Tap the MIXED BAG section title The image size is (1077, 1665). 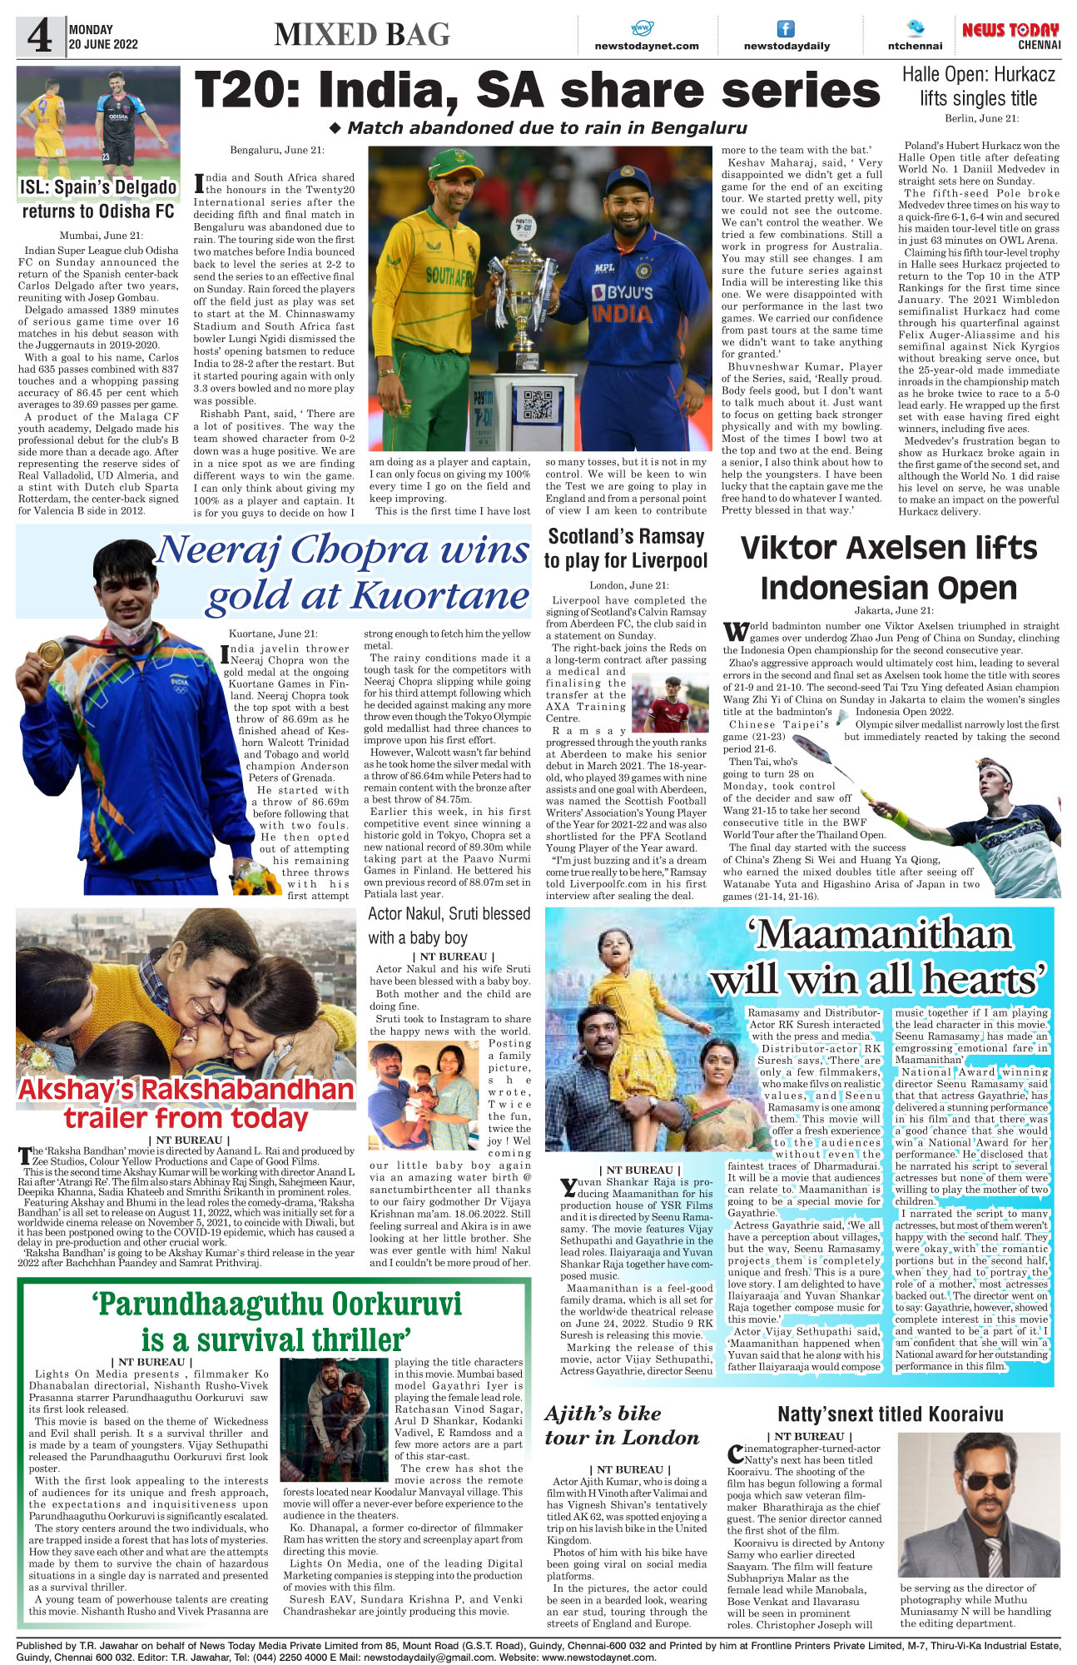[362, 34]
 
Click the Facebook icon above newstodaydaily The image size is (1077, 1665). [786, 28]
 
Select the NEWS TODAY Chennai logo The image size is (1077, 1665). [1010, 35]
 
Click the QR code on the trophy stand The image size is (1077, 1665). [537, 404]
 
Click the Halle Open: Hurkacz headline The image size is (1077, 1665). [978, 86]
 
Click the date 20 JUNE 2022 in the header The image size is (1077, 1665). [103, 45]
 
